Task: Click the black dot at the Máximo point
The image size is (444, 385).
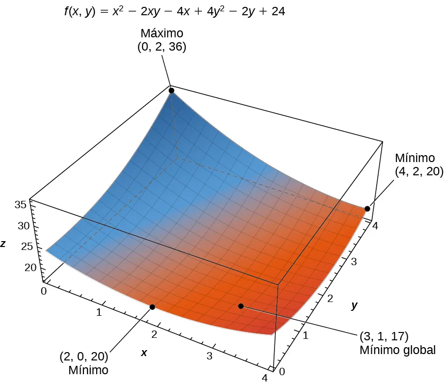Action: [x=171, y=90]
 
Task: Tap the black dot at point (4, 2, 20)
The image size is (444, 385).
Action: [x=367, y=209]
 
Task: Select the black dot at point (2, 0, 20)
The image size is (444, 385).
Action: [x=152, y=307]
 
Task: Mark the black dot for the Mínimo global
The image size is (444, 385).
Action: [x=241, y=306]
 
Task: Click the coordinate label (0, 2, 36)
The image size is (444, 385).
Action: [x=162, y=48]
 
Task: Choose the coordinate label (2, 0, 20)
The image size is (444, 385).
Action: [x=84, y=356]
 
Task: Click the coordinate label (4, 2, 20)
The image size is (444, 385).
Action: [x=419, y=171]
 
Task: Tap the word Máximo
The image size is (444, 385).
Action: [x=162, y=34]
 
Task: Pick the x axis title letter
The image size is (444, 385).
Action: [x=144, y=353]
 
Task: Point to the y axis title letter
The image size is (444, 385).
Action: [x=354, y=305]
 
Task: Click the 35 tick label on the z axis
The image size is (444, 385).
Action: [x=21, y=205]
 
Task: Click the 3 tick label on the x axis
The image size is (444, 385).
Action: [x=209, y=356]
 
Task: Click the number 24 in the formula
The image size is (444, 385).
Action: [x=278, y=11]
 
